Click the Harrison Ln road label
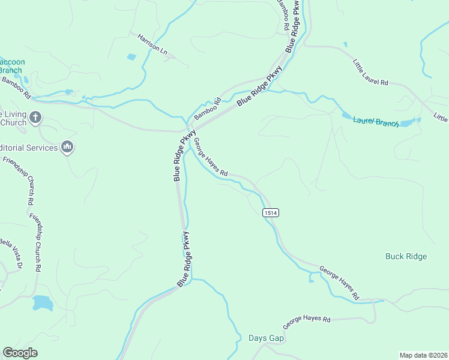coord(152,44)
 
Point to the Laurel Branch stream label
coord(376,122)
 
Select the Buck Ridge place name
coord(406,256)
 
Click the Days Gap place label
coord(266,338)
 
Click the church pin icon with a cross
coord(35,118)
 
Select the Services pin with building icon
coord(67,147)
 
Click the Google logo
coord(20,352)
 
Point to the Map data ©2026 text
coord(423,355)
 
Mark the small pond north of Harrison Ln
coord(131,57)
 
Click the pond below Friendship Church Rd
coord(43,302)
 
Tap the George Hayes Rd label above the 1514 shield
coord(210,157)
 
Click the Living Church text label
coord(13,118)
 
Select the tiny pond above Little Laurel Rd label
coord(345,44)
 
